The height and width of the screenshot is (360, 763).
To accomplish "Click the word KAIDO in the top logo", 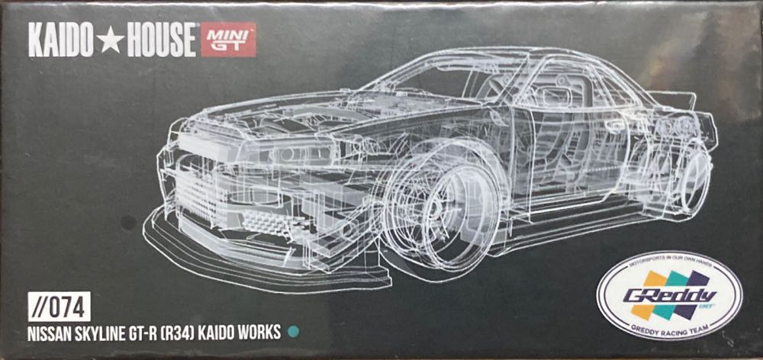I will point(59,41).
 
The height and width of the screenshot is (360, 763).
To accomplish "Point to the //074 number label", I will point(61,307).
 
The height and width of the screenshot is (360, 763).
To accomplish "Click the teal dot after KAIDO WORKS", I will point(291,332).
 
